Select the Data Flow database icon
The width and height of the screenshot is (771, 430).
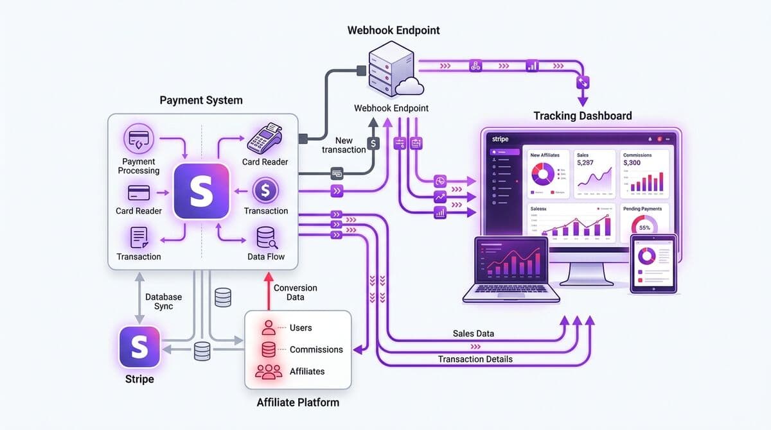pos(266,237)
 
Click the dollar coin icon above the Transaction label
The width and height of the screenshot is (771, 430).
pos(265,190)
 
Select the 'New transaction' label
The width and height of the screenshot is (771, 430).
pos(344,145)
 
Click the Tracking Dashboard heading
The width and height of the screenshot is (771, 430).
pos(582,116)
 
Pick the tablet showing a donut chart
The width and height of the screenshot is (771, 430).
pos(654,264)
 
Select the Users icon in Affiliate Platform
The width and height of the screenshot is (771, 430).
pos(269,327)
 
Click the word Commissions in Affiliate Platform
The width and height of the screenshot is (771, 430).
pos(316,350)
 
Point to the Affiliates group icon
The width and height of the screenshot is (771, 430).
pos(269,372)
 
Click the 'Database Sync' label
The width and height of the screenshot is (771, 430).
pos(163,302)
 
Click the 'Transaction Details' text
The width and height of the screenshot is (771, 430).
pos(475,359)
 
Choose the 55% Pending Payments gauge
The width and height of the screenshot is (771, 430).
pos(644,228)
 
